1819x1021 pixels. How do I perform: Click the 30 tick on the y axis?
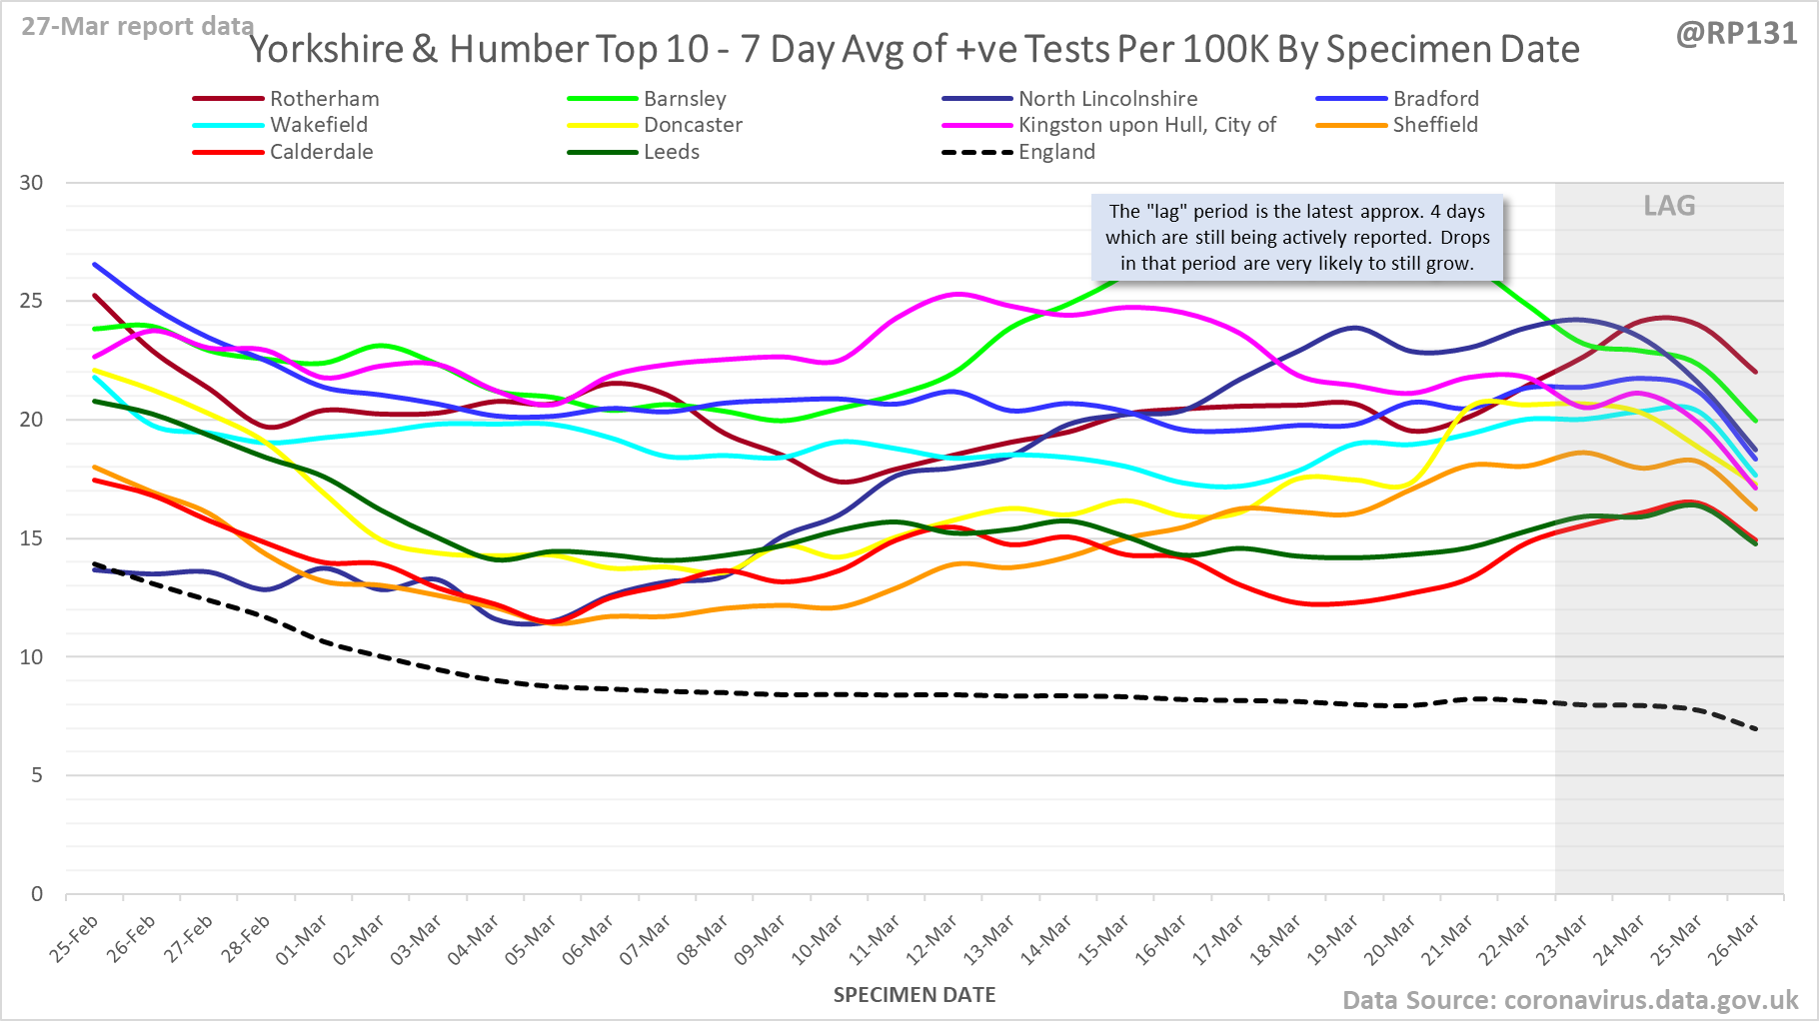tap(32, 183)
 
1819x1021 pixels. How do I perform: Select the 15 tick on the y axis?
tap(32, 538)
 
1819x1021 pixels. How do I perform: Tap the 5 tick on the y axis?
tap(37, 775)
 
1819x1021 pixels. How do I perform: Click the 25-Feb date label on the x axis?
tap(75, 938)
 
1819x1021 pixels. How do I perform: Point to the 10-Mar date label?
tap(819, 940)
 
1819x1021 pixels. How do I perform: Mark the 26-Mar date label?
tap(1734, 940)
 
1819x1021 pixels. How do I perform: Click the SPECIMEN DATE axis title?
tap(914, 995)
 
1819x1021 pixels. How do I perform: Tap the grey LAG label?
tap(1669, 206)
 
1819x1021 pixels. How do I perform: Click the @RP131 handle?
tap(1736, 34)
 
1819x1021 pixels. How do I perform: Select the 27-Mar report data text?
tap(137, 27)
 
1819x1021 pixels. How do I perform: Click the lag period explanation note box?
tap(1296, 238)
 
